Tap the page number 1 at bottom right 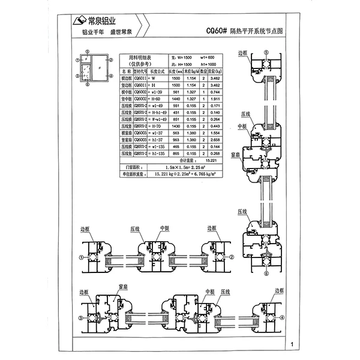point(290,344)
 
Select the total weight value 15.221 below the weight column point(211,160)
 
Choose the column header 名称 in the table point(124,71)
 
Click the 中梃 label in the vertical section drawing point(242,127)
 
